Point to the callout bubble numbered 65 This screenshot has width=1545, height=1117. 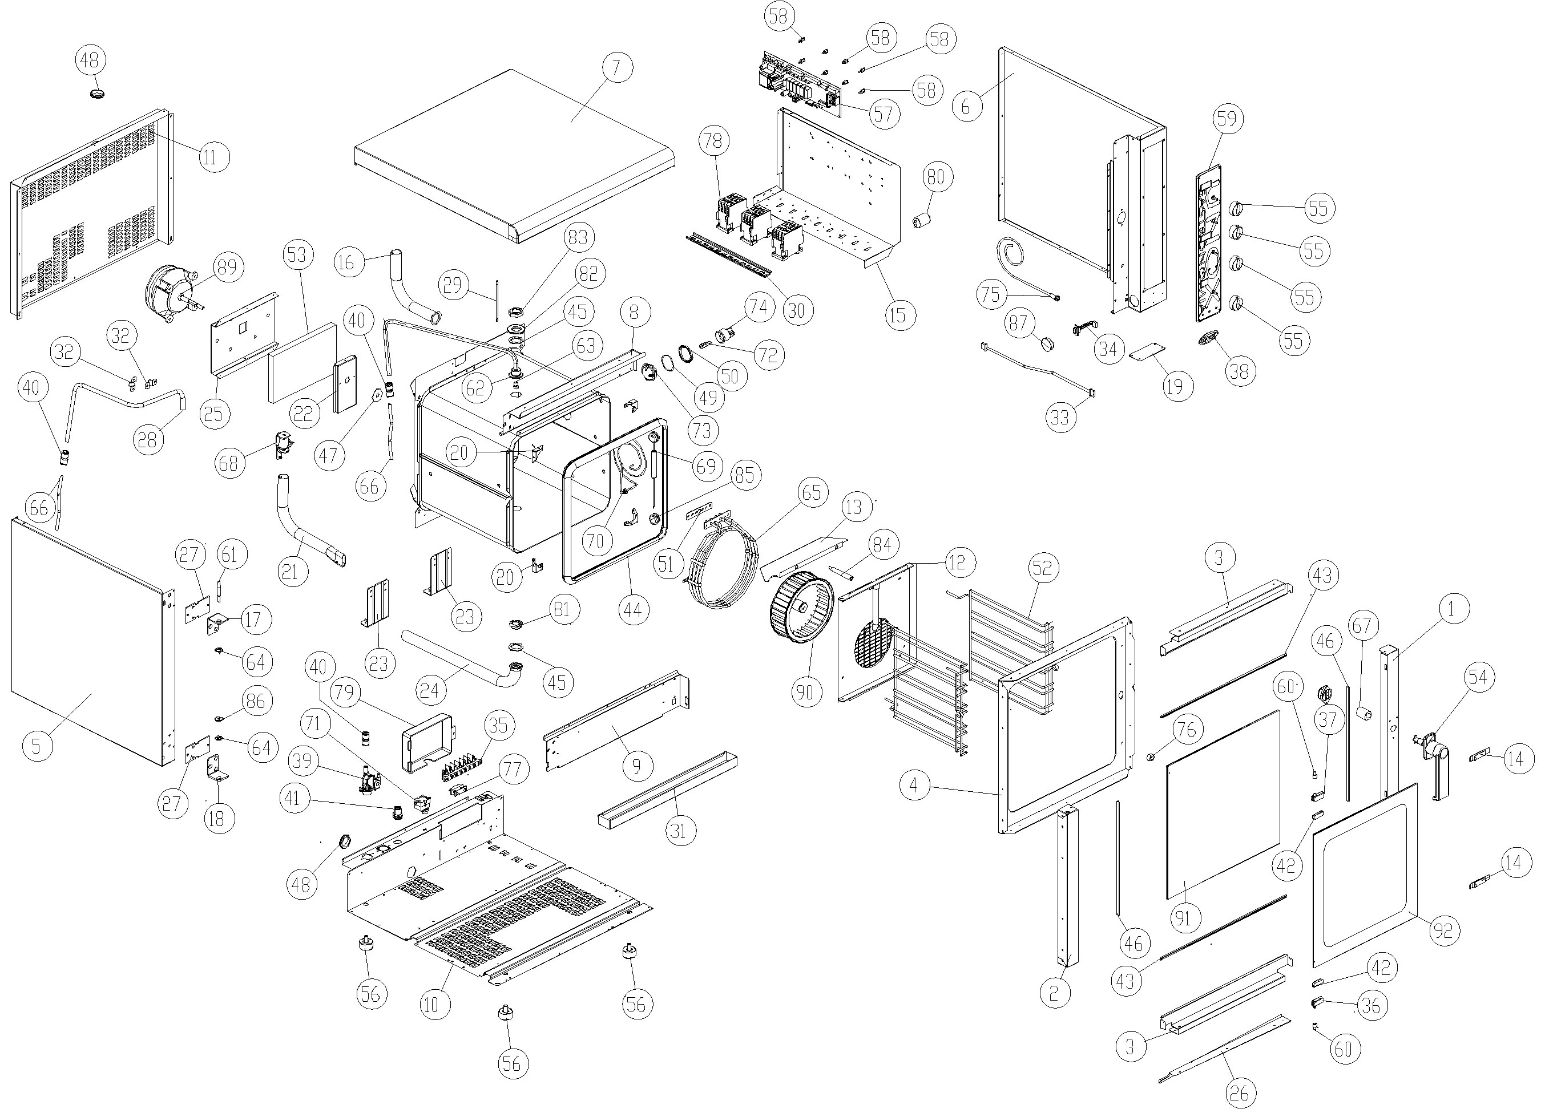(x=812, y=492)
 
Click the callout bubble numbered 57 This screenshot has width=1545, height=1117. (x=882, y=114)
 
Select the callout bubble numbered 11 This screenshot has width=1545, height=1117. (x=210, y=157)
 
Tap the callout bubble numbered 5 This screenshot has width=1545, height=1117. (x=37, y=746)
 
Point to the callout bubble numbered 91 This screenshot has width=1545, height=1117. (x=1183, y=919)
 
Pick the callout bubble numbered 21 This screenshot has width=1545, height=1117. (x=290, y=570)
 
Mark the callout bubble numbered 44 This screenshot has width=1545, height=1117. (x=632, y=610)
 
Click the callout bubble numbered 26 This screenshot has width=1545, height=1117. (x=1239, y=1093)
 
